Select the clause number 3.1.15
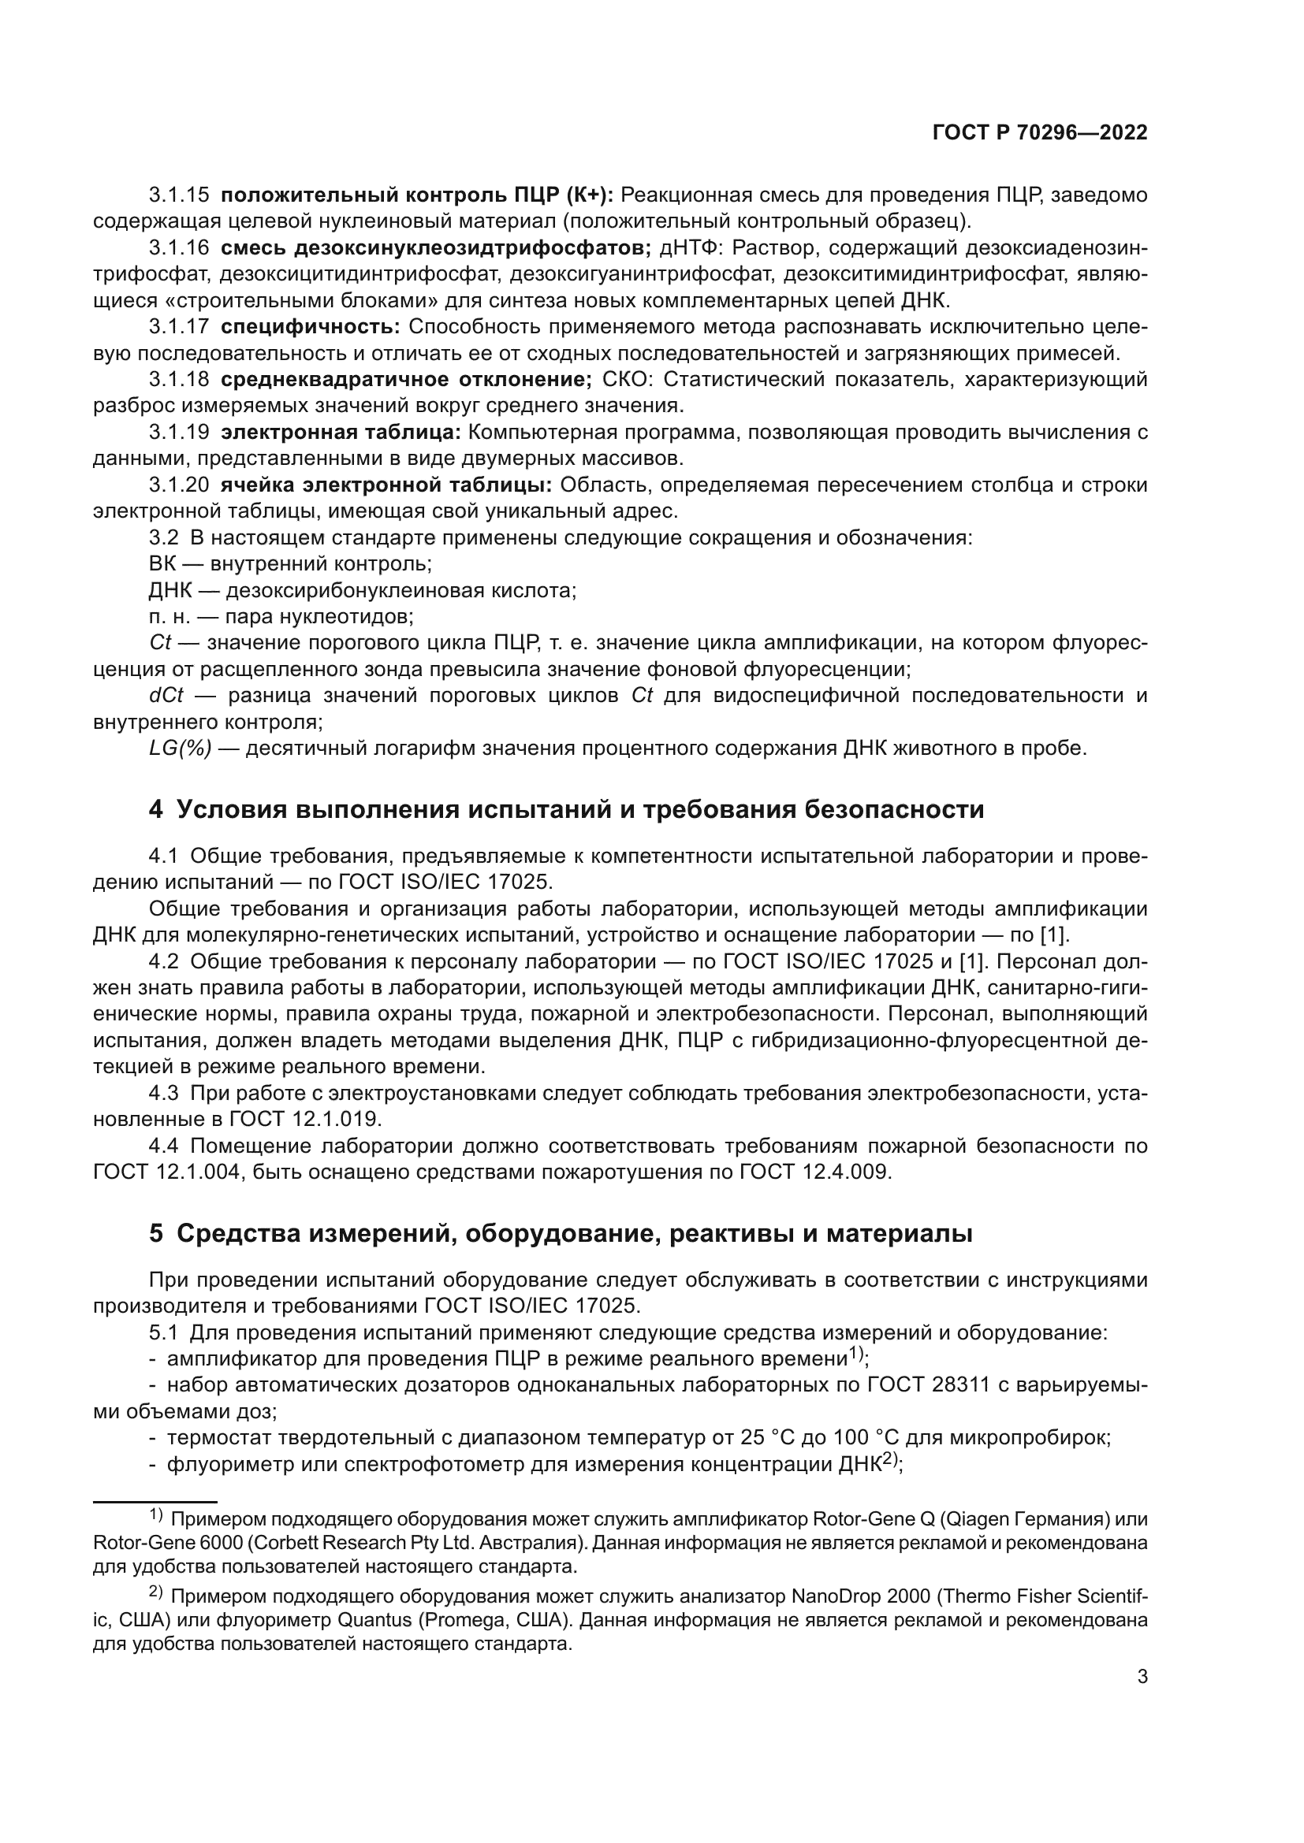pyautogui.click(x=179, y=195)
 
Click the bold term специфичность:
pyautogui.click(x=310, y=327)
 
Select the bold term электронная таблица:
pyautogui.click(x=341, y=433)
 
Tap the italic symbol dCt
pyautogui.click(x=166, y=696)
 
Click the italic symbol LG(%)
pyautogui.click(x=181, y=749)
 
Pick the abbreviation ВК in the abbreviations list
pyautogui.click(x=162, y=564)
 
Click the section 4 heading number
pyautogui.click(x=156, y=809)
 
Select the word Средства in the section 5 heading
pyautogui.click(x=237, y=1234)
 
